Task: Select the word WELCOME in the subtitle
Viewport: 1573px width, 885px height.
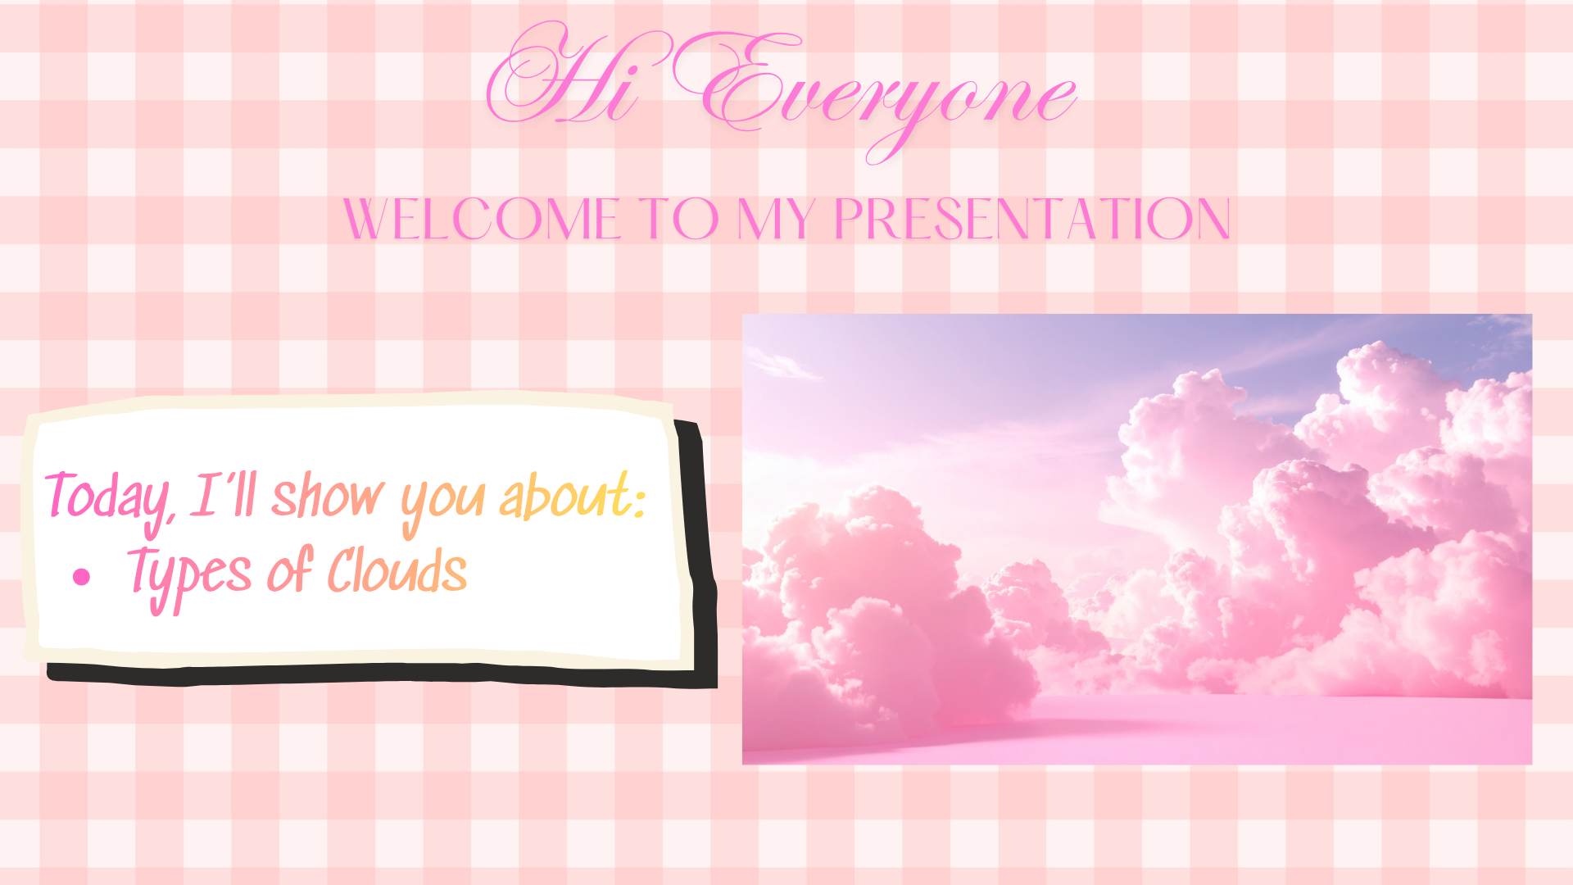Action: pyautogui.click(x=482, y=219)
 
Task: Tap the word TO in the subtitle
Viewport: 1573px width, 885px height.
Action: pyautogui.click(x=678, y=219)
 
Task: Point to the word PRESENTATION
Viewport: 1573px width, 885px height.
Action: pyautogui.click(x=1032, y=219)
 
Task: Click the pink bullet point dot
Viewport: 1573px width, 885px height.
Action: pyautogui.click(x=81, y=577)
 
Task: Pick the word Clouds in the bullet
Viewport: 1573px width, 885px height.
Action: pyautogui.click(x=398, y=569)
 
